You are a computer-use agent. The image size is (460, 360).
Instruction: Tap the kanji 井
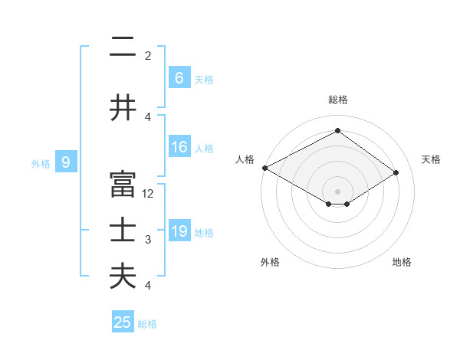click(x=123, y=106)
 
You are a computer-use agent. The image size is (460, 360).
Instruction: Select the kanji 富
click(x=123, y=185)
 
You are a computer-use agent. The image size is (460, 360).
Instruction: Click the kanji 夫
click(x=123, y=276)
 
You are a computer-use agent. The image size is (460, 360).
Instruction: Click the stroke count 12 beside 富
click(x=149, y=194)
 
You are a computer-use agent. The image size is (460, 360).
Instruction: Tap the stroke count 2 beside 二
click(x=148, y=55)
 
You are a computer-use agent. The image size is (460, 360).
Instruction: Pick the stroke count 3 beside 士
click(x=148, y=240)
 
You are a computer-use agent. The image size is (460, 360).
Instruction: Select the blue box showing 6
click(x=179, y=78)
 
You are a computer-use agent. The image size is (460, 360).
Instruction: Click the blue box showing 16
click(x=179, y=147)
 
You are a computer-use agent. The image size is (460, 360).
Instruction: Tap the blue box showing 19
click(x=179, y=231)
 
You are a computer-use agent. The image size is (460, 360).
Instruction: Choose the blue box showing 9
click(x=67, y=162)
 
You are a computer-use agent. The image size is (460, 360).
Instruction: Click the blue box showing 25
click(x=123, y=322)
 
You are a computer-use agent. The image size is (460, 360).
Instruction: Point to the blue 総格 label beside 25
click(x=148, y=324)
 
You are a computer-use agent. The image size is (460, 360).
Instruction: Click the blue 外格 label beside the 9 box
click(x=41, y=163)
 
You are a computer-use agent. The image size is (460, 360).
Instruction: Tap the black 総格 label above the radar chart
click(x=337, y=100)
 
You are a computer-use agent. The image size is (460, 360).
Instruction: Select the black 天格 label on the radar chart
click(x=431, y=159)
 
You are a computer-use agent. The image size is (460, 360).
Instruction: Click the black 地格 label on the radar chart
click(x=402, y=262)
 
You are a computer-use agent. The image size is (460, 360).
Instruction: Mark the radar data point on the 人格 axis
click(x=264, y=168)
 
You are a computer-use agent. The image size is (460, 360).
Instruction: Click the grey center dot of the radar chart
click(x=337, y=190)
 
